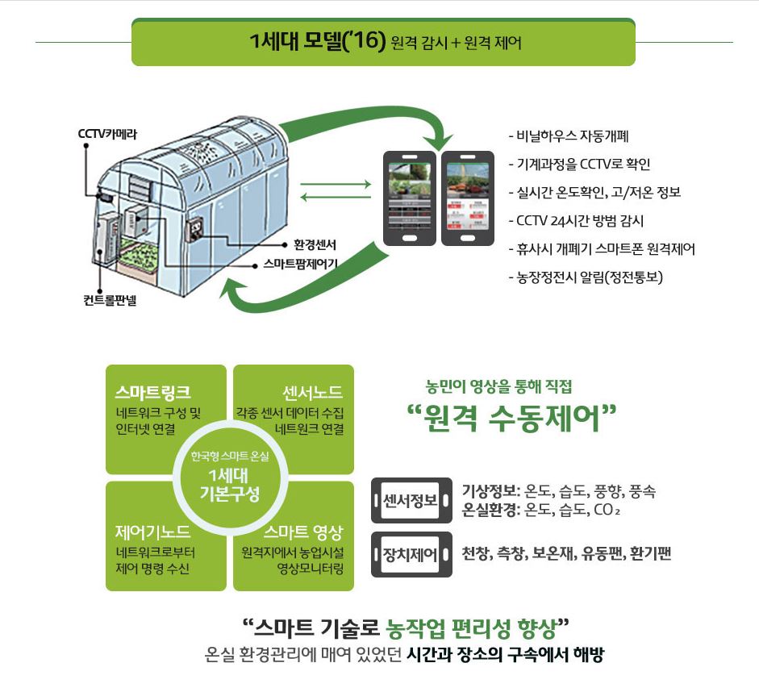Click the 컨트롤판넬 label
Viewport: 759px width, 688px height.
[110, 301]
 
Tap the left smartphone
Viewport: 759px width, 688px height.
[409, 198]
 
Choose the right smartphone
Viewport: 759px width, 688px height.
[468, 198]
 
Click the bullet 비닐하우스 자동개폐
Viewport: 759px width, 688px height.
[574, 136]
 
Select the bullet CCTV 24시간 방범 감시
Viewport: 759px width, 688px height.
[581, 220]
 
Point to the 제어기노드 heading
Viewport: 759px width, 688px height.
[153, 532]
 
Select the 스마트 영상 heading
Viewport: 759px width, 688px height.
[303, 532]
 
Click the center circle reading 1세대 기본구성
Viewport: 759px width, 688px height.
[230, 477]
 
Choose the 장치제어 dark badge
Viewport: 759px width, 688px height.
[411, 555]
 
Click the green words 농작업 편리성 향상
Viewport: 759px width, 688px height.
[471, 626]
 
